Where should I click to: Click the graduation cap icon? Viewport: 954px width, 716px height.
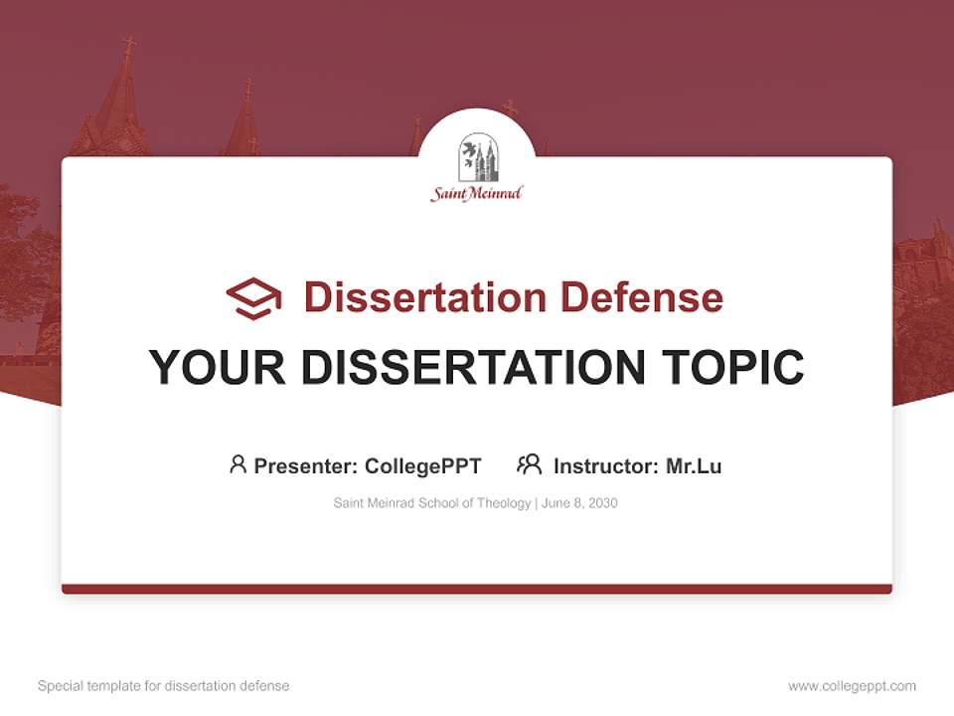pyautogui.click(x=253, y=297)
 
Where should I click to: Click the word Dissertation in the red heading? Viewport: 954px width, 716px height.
pyautogui.click(x=424, y=297)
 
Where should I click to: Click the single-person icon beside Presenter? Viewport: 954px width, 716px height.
pyautogui.click(x=238, y=464)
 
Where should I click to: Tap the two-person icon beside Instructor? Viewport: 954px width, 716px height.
pyautogui.click(x=530, y=464)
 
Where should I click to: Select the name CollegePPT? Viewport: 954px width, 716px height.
pyautogui.click(x=423, y=465)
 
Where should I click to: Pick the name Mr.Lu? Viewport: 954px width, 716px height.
pyautogui.click(x=694, y=465)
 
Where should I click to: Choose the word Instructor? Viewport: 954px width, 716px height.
pyautogui.click(x=606, y=465)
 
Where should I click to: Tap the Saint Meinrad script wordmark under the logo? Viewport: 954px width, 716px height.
pyautogui.click(x=477, y=194)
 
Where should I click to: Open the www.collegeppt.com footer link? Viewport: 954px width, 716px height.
pyautogui.click(x=852, y=686)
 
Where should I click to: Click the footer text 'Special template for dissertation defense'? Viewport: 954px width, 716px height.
pyautogui.click(x=164, y=686)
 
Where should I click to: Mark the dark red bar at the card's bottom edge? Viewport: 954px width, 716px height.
pyautogui.click(x=477, y=589)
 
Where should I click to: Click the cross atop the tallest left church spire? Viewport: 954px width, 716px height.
pyautogui.click(x=128, y=46)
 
